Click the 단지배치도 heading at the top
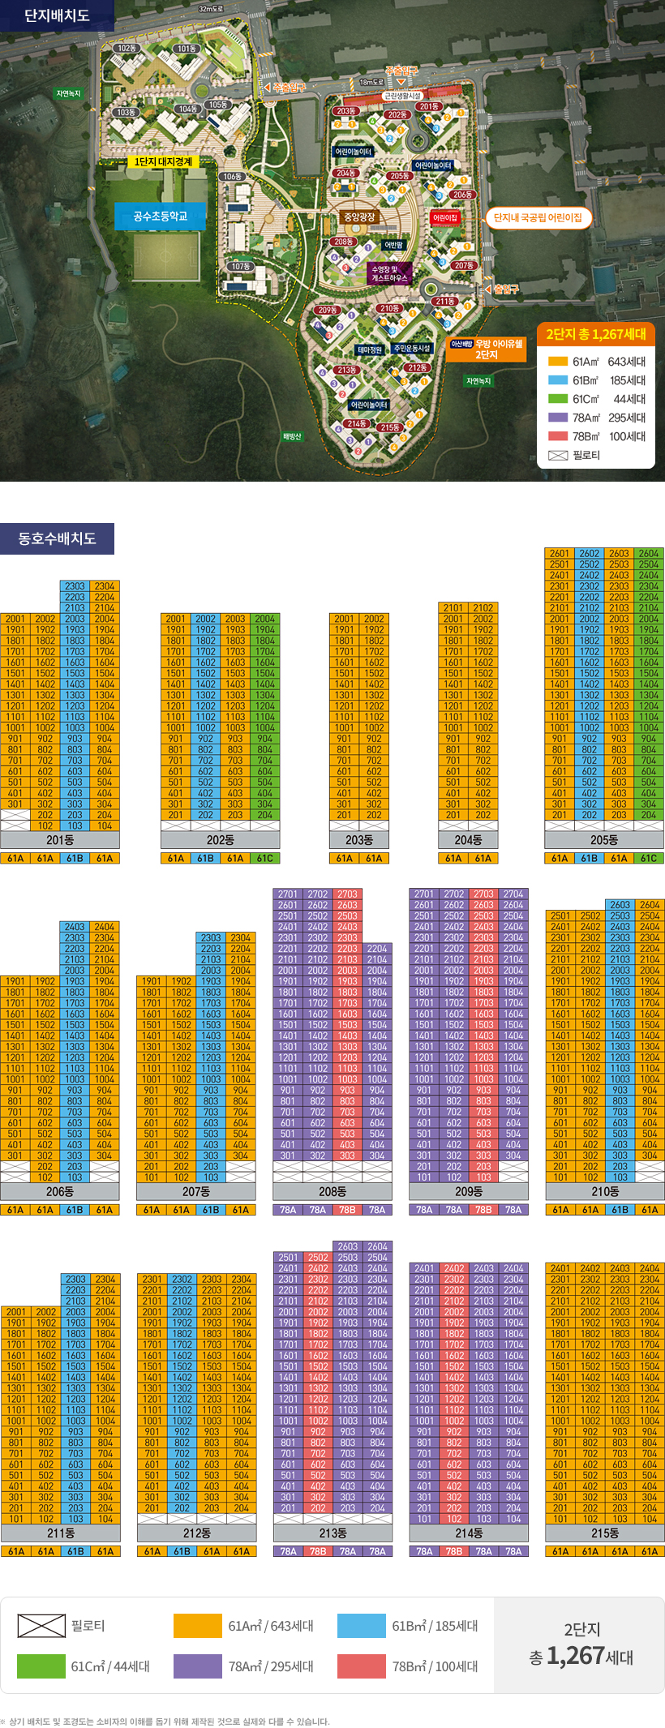point(57,15)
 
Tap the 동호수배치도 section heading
point(57,538)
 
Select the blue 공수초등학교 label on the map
point(160,217)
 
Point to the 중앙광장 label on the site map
point(359,217)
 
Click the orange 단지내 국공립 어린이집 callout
point(538,217)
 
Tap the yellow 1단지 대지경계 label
point(163,162)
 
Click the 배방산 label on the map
point(292,436)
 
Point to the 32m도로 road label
point(211,9)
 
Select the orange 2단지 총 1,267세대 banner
point(595,334)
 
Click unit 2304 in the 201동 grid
point(105,586)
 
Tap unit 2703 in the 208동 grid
point(347,894)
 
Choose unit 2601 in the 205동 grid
point(560,554)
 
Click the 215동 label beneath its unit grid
point(605,1533)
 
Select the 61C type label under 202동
point(265,858)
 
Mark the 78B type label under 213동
point(318,1551)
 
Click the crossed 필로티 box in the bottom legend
point(41,1626)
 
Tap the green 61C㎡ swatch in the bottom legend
point(41,1666)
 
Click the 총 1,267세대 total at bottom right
point(581,1657)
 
